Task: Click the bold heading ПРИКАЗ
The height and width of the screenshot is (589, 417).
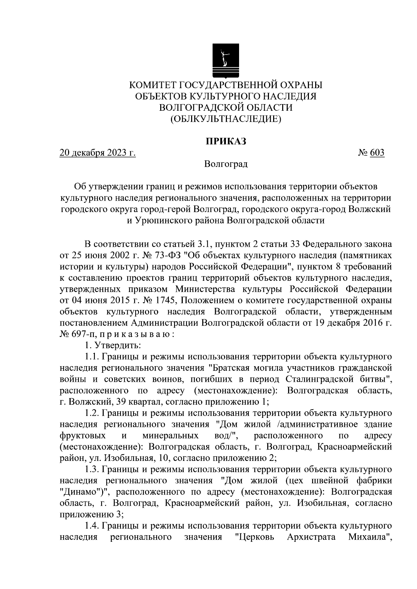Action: point(226,142)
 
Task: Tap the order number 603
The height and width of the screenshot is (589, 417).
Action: point(377,153)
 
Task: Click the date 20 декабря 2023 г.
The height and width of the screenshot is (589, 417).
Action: point(98,153)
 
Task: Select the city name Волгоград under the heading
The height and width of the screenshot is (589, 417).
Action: point(226,164)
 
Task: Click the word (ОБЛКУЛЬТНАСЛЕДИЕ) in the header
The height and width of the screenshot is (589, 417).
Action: point(226,119)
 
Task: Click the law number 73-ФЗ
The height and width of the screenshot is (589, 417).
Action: point(171,256)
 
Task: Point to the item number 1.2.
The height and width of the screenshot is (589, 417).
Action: point(92,413)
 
